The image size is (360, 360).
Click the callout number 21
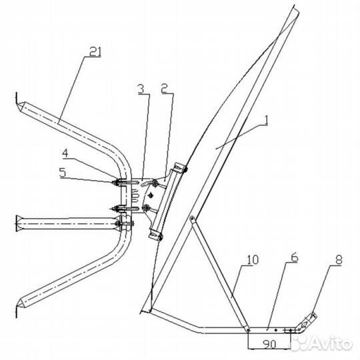pyautogui.click(x=95, y=51)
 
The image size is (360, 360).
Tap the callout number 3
pyautogui.click(x=141, y=89)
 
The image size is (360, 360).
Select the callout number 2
pyautogui.click(x=165, y=89)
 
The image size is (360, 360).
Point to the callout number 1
pyautogui.click(x=265, y=121)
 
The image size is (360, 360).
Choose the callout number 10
pyautogui.click(x=252, y=259)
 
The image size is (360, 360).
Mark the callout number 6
pyautogui.click(x=295, y=257)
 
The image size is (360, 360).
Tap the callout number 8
pyautogui.click(x=339, y=260)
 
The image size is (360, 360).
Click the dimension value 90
pyautogui.click(x=269, y=344)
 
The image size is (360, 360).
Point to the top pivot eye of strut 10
pyautogui.click(x=192, y=218)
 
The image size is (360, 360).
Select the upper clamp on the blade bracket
pyautogui.click(x=180, y=167)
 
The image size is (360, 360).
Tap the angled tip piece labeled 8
pyautogui.click(x=307, y=323)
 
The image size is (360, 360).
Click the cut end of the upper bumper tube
pyautogui.click(x=21, y=108)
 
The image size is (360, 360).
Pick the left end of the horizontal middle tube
pyautogui.click(x=18, y=223)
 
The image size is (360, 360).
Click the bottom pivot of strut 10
pyautogui.click(x=248, y=330)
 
